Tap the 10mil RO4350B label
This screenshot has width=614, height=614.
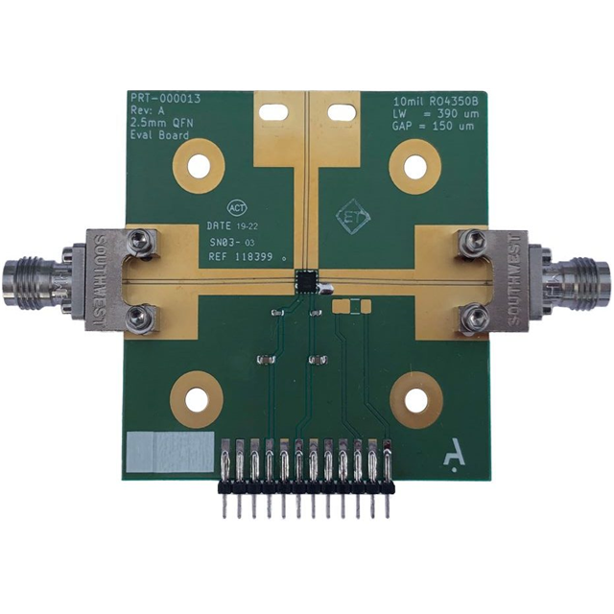tap(437, 101)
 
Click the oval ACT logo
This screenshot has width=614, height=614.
tap(237, 206)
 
